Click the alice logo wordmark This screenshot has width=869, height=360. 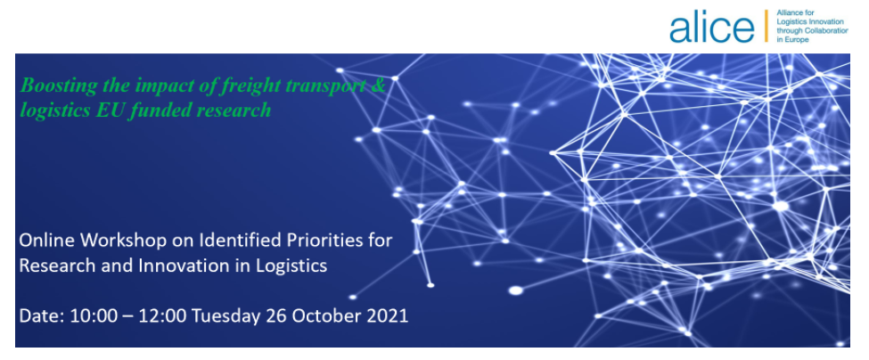[x=711, y=27]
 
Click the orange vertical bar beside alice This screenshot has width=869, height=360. [x=767, y=26]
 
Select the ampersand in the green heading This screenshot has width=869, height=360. [x=379, y=86]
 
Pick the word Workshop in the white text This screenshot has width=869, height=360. [x=120, y=241]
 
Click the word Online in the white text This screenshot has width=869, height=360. [x=47, y=241]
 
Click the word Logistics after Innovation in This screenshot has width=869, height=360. [x=291, y=267]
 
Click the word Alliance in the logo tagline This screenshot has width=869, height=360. [x=789, y=12]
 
